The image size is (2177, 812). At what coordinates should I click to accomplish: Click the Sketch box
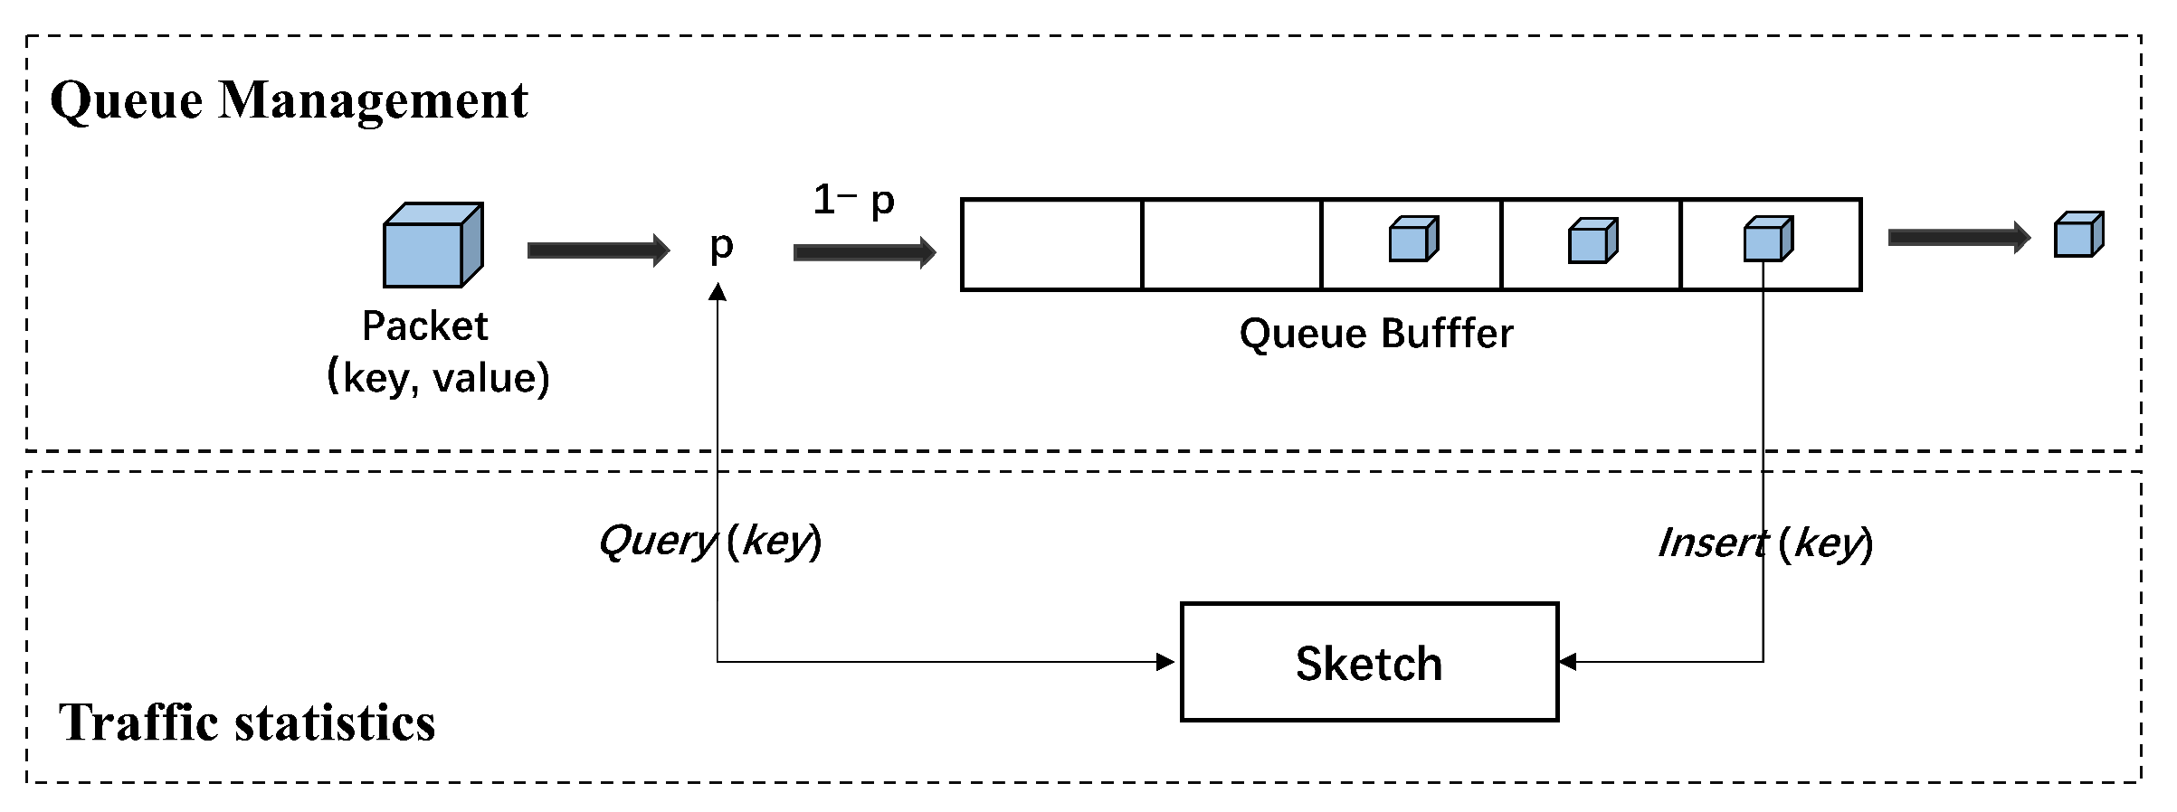coord(1368,662)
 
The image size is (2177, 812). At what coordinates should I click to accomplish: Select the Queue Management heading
coord(289,99)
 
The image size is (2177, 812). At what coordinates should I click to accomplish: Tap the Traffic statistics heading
coord(247,722)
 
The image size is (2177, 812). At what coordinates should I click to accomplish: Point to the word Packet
coord(424,326)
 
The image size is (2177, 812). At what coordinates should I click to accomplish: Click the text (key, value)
coord(438,377)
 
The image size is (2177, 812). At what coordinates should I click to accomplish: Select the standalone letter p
coord(721,246)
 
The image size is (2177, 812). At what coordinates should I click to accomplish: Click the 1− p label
coord(853,200)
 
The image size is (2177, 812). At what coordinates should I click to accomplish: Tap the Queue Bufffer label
coord(1375,334)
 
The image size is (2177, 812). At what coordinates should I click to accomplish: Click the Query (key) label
coord(709,541)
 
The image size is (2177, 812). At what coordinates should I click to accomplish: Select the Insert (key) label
coord(1764,543)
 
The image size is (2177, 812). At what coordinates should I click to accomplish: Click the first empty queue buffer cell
coord(1051,245)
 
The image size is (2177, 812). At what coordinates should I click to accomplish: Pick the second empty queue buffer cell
coord(1231,245)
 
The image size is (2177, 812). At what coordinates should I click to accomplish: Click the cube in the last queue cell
coord(1767,240)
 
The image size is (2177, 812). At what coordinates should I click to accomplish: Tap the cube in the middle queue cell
coord(1413,240)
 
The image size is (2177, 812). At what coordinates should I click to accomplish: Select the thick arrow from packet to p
coord(597,250)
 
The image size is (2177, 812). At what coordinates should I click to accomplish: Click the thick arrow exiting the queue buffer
coord(1958,238)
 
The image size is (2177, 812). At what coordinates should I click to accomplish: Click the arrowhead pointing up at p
coord(718,292)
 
